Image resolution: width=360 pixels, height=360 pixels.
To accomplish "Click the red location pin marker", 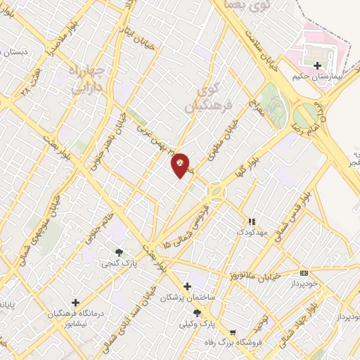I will click(x=181, y=165).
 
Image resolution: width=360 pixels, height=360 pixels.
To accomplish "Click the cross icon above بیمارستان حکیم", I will click(x=316, y=65).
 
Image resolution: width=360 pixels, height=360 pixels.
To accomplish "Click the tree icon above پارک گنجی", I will click(x=118, y=252).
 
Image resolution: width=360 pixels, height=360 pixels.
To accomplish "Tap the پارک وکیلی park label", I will click(x=197, y=326).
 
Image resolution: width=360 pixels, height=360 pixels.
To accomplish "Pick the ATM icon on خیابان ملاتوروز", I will click(x=304, y=273).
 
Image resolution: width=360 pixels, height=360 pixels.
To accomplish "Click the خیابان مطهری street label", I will click(x=221, y=138).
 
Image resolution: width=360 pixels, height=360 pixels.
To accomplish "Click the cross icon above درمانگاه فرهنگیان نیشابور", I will click(x=75, y=302).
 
